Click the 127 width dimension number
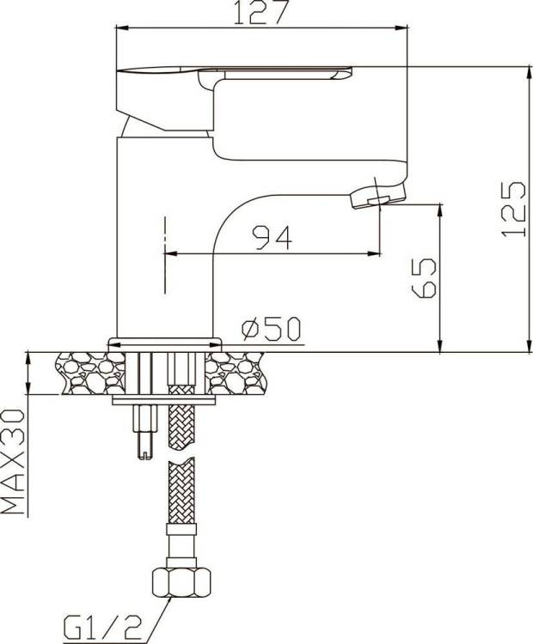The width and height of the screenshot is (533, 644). [259, 11]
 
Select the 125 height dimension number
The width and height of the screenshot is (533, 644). [513, 209]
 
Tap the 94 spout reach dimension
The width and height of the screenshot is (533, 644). [273, 237]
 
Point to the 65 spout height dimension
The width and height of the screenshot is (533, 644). [424, 277]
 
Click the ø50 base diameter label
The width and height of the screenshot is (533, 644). [272, 329]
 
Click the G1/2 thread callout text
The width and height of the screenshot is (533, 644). [102, 628]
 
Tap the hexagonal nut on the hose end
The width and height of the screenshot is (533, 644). [181, 582]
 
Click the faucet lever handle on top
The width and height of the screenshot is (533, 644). [235, 74]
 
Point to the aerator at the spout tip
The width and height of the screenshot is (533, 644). [377, 196]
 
